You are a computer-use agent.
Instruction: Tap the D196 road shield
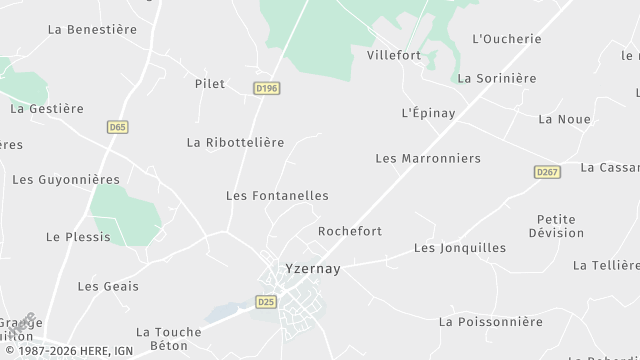pyautogui.click(x=267, y=88)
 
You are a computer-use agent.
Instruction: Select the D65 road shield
pyautogui.click(x=118, y=127)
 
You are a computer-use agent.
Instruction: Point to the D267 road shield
pyautogui.click(x=546, y=172)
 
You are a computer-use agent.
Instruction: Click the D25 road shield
pyautogui.click(x=266, y=301)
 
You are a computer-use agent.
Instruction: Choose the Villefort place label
pyautogui.click(x=394, y=56)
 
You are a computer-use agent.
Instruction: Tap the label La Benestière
pyautogui.click(x=92, y=30)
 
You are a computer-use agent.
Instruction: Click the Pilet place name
pyautogui.click(x=210, y=85)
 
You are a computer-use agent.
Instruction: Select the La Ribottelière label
pyautogui.click(x=236, y=143)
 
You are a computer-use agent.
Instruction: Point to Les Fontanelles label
pyautogui.click(x=277, y=196)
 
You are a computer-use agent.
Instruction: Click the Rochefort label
pyautogui.click(x=350, y=231)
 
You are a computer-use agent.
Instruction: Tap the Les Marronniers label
pyautogui.click(x=428, y=159)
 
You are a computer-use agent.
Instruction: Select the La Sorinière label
pyautogui.click(x=497, y=78)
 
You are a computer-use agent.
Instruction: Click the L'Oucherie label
pyautogui.click(x=506, y=39)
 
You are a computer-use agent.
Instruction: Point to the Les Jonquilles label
pyautogui.click(x=460, y=248)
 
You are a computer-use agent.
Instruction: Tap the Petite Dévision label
pyautogui.click(x=560, y=226)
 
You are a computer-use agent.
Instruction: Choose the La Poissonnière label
pyautogui.click(x=491, y=322)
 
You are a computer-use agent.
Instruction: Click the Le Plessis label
pyautogui.click(x=78, y=238)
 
